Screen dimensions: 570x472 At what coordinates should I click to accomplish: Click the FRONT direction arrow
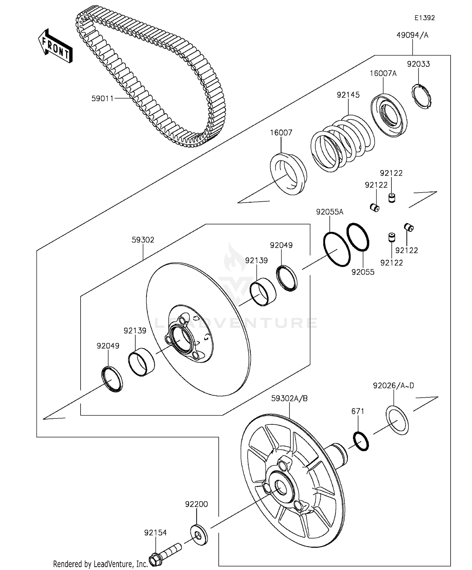(55, 46)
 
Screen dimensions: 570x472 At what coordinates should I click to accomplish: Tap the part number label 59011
(102, 99)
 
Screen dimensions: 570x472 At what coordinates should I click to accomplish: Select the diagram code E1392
(424, 18)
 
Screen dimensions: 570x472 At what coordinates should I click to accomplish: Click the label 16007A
(383, 74)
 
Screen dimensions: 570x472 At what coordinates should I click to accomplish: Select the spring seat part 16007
(288, 174)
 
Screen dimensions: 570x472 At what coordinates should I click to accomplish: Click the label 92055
(363, 272)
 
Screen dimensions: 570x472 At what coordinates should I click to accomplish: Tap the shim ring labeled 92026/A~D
(397, 421)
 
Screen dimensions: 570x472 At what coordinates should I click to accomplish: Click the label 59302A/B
(289, 399)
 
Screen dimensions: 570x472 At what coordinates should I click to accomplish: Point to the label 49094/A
(412, 35)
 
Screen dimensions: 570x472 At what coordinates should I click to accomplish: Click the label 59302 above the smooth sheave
(143, 240)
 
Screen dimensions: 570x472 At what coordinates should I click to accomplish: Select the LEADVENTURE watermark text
(236, 323)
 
